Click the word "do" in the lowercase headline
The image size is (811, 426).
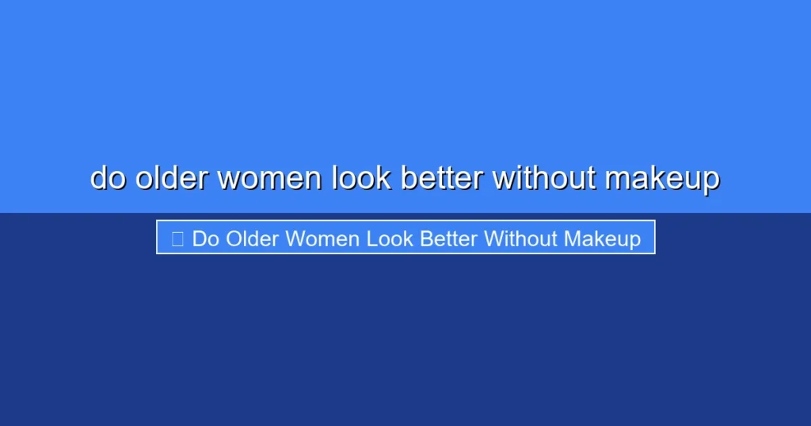point(109,178)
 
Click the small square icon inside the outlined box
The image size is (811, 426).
point(177,238)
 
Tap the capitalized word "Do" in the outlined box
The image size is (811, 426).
point(205,238)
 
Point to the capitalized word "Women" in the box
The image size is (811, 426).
point(323,238)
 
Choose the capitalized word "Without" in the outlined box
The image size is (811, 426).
point(521,238)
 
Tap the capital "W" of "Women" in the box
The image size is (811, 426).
point(295,238)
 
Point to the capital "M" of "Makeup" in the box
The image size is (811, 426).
point(573,238)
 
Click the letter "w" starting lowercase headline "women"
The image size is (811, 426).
point(229,180)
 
